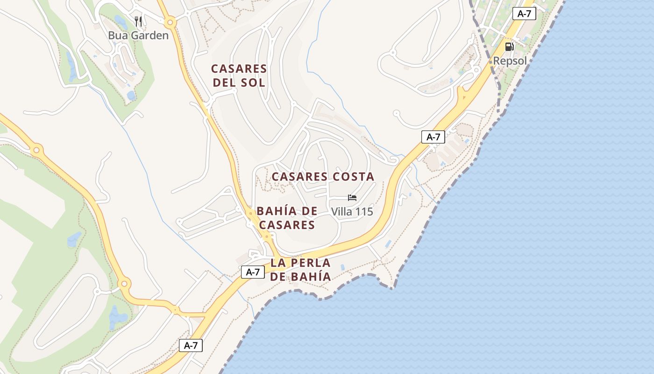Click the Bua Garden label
click(x=138, y=35)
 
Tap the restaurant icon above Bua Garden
click(x=138, y=21)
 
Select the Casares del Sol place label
click(x=239, y=76)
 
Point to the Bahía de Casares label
click(x=287, y=218)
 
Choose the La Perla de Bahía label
click(x=300, y=269)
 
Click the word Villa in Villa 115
click(x=341, y=212)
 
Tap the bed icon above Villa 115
click(x=352, y=198)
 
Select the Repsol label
click(x=510, y=61)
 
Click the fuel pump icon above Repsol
click(x=509, y=47)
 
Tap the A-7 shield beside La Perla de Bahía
click(x=253, y=272)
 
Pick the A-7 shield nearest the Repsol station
click(x=524, y=14)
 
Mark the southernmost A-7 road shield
click(x=191, y=345)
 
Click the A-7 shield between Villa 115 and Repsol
click(x=433, y=137)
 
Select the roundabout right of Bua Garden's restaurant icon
click(x=170, y=22)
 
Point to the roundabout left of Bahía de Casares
click(x=251, y=214)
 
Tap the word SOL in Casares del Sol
click(x=255, y=83)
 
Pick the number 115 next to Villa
click(x=364, y=212)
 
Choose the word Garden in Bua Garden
click(x=149, y=35)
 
